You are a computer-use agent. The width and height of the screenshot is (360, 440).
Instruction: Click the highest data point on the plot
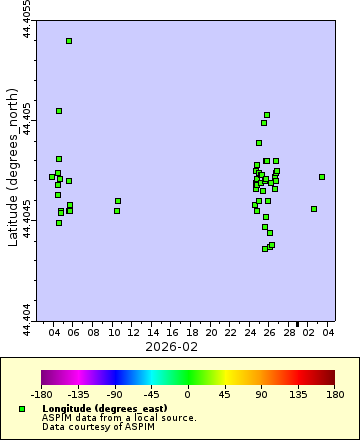tap(69, 41)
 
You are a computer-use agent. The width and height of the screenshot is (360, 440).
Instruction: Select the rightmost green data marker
tap(322, 177)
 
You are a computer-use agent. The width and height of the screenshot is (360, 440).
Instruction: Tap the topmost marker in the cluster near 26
tap(267, 115)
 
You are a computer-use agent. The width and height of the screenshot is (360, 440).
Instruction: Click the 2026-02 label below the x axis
tap(172, 346)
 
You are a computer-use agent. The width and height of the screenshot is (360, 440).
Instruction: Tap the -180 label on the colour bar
tap(42, 394)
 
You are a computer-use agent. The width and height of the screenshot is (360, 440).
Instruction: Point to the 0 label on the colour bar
tap(188, 394)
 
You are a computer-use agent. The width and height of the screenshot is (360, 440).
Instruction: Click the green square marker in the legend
tap(22, 409)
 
